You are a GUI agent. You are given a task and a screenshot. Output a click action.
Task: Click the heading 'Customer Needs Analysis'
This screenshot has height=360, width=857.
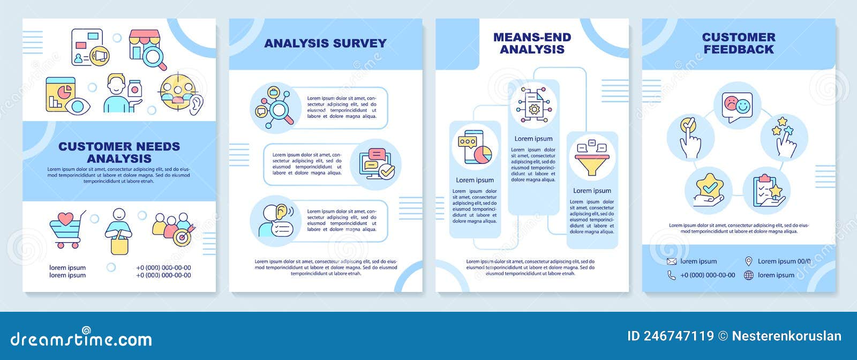119,152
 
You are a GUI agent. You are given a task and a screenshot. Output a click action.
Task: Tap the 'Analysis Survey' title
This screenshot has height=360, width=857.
325,43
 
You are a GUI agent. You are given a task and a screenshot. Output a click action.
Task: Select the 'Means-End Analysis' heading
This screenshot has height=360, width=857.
532,43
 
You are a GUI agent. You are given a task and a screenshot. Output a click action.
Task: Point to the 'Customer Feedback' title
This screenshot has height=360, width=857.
739,43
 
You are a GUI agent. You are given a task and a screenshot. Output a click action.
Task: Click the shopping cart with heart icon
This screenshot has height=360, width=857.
67,229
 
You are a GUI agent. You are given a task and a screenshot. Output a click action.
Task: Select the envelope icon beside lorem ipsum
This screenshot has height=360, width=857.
672,261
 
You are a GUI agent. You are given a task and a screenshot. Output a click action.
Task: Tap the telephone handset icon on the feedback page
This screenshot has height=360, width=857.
672,275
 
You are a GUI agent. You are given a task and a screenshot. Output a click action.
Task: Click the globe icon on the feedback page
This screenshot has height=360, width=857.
749,275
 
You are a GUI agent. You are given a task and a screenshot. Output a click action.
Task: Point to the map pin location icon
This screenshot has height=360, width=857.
749,261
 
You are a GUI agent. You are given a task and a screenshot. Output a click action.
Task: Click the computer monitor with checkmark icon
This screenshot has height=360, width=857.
376,163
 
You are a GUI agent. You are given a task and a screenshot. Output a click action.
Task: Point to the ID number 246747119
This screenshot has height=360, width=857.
671,336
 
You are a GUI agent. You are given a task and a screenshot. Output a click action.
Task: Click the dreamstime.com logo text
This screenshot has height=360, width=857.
81,339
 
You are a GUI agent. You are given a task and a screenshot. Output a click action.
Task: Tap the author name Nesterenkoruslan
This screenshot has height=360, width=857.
786,336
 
